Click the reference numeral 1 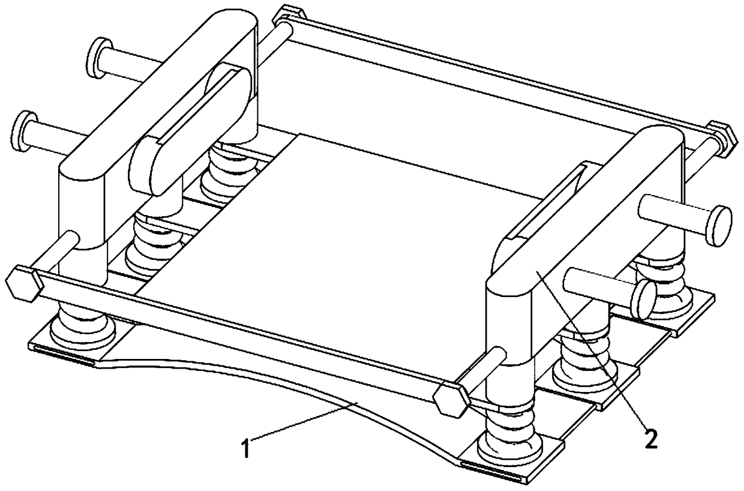point(247,448)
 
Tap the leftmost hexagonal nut point(25,283)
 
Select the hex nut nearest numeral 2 point(452,400)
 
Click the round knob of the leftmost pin point(24,131)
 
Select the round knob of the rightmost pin point(719,226)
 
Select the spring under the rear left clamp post point(229,173)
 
